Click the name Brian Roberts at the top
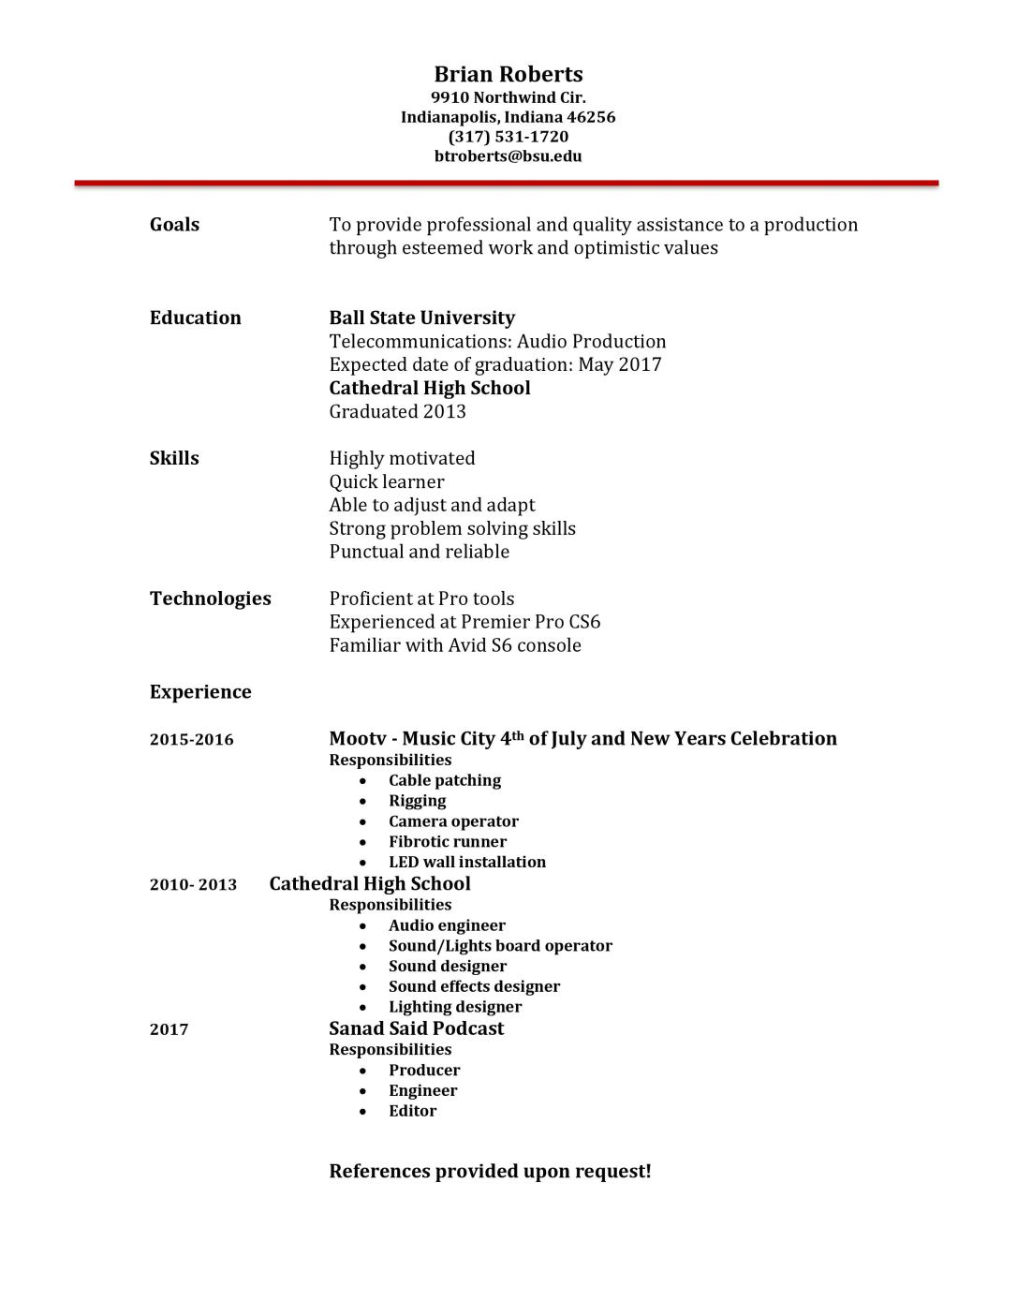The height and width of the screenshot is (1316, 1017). [508, 75]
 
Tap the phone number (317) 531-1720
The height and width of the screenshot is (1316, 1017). [508, 137]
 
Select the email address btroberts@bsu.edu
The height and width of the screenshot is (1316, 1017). [508, 156]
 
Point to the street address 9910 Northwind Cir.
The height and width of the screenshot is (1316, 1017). [508, 97]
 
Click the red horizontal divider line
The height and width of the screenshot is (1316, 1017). [506, 184]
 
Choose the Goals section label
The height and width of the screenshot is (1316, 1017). [174, 225]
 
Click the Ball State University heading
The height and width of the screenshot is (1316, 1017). [421, 318]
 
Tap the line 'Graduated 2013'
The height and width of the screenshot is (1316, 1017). [397, 412]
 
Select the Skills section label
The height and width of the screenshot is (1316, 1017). [174, 459]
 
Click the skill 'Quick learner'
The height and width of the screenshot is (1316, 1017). [386, 482]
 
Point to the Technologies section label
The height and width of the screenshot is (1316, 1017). [210, 599]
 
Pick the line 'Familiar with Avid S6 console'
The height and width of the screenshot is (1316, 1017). [454, 646]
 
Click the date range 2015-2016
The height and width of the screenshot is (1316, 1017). [191, 740]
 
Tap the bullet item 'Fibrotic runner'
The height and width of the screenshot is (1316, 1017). [447, 842]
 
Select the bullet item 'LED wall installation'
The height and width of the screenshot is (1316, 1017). [466, 863]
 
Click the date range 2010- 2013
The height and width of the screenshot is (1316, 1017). [193, 885]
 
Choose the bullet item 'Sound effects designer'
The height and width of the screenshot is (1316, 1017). [474, 987]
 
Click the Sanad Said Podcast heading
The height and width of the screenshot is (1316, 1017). [416, 1028]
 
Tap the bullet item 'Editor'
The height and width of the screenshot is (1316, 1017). [412, 1112]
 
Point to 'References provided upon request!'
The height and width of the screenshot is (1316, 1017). [490, 1172]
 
